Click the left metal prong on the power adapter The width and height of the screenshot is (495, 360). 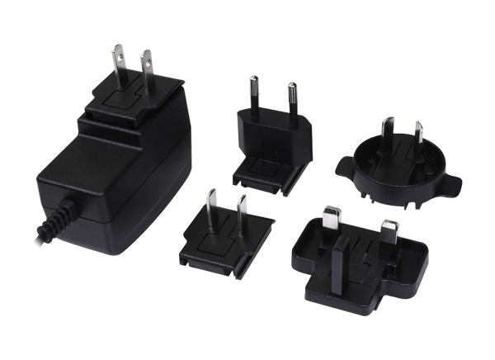coord(119,63)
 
